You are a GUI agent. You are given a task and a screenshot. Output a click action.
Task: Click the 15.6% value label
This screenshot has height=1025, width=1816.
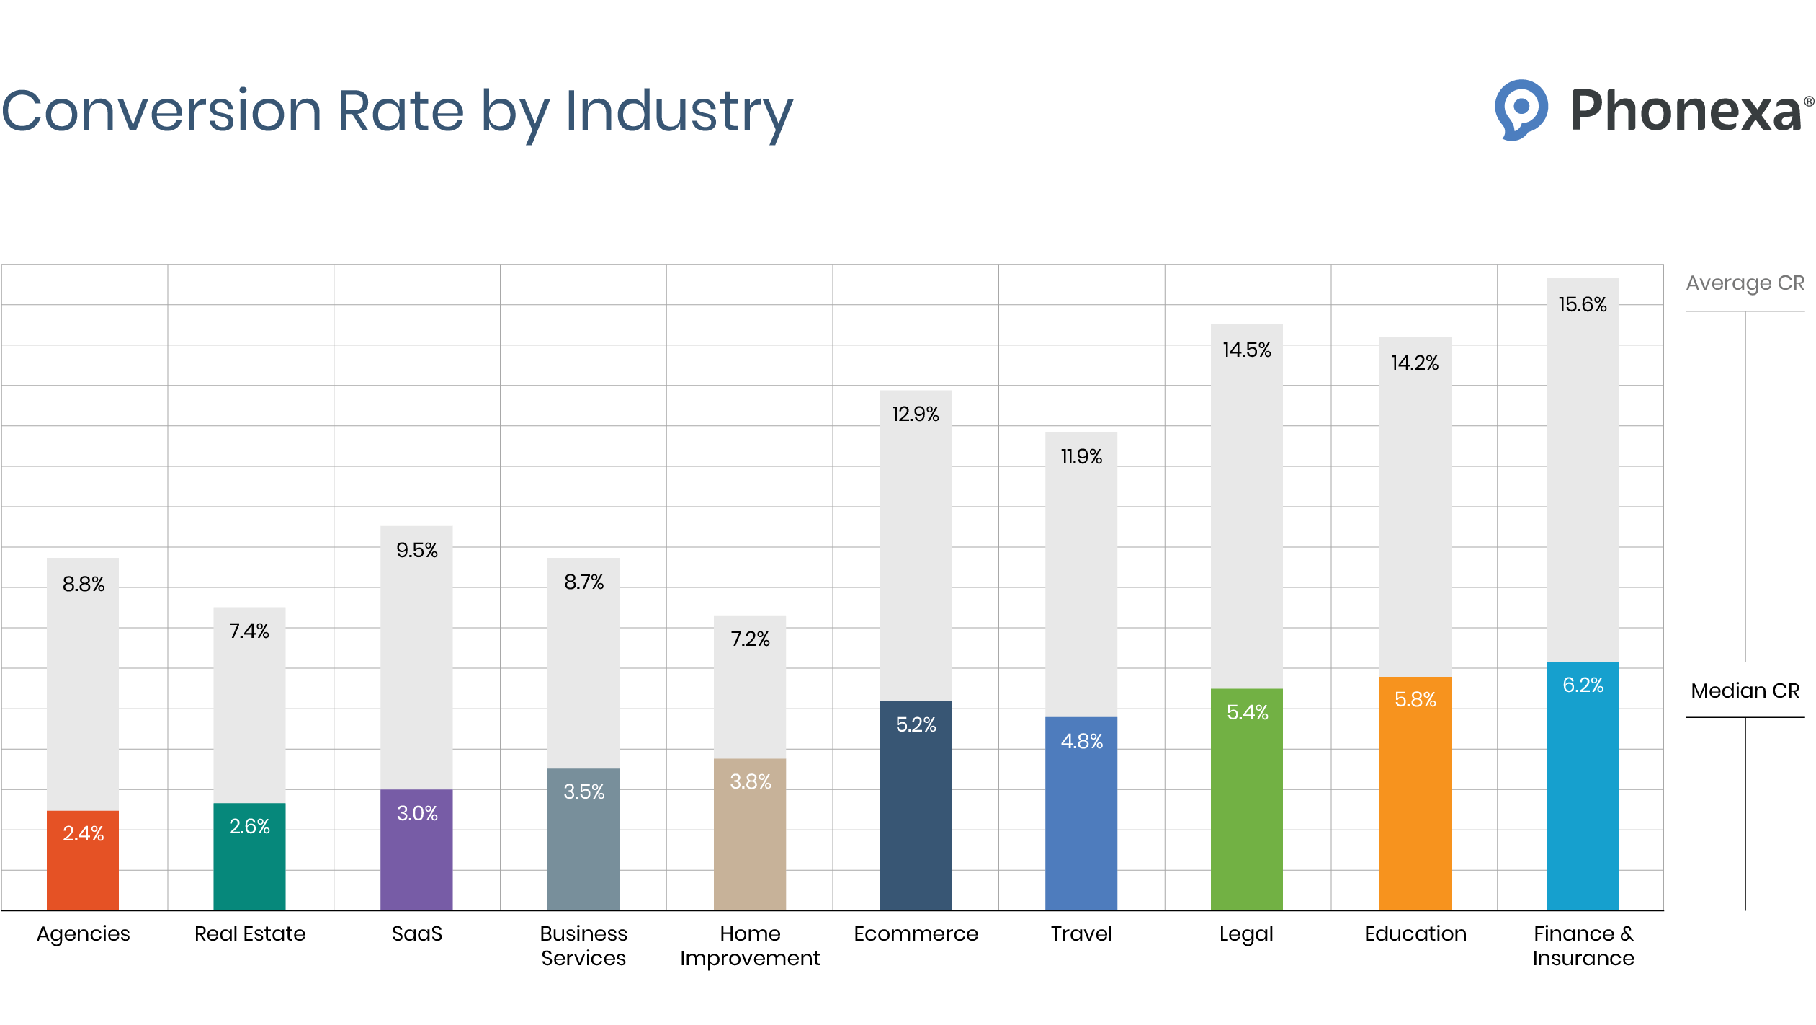tap(1583, 304)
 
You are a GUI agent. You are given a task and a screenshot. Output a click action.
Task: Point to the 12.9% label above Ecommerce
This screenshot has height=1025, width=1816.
tap(915, 414)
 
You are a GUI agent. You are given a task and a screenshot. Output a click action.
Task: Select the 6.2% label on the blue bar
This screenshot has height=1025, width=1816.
tap(1583, 685)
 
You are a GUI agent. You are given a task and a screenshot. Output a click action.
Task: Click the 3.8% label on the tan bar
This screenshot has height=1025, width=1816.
tap(750, 781)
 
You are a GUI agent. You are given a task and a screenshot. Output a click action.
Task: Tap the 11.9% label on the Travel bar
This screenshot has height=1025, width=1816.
tap(1081, 456)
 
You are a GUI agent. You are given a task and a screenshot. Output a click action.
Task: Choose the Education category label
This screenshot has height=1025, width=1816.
tap(1415, 933)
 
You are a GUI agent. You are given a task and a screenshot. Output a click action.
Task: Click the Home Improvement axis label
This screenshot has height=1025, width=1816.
tap(750, 946)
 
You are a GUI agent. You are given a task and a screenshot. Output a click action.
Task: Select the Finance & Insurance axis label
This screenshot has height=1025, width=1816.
tap(1583, 946)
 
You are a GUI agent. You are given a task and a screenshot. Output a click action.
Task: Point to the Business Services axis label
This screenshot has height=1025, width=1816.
tap(583, 946)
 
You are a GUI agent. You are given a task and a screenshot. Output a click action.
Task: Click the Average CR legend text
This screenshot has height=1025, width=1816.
tap(1745, 283)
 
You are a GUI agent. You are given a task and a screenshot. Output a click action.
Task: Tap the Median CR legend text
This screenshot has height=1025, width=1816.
tap(1745, 691)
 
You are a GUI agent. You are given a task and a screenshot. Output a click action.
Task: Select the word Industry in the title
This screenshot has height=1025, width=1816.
tap(679, 112)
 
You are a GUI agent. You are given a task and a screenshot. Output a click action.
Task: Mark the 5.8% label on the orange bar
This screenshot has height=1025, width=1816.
tap(1415, 699)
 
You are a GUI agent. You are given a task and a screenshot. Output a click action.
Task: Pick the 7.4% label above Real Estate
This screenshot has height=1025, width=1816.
tap(249, 631)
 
